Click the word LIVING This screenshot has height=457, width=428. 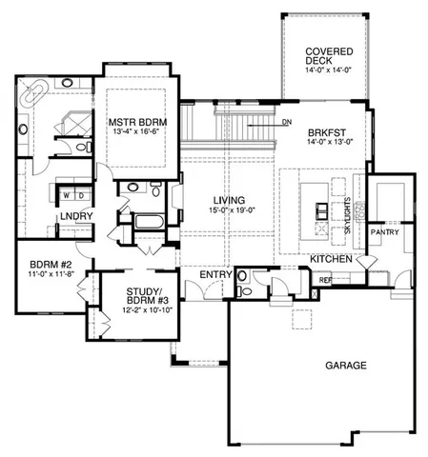[x=230, y=198]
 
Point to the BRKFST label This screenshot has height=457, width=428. [x=325, y=132]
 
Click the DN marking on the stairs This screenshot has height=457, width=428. [x=287, y=122]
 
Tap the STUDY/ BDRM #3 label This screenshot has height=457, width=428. [x=132, y=299]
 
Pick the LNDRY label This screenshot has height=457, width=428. [x=74, y=217]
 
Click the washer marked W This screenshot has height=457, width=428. [x=66, y=196]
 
